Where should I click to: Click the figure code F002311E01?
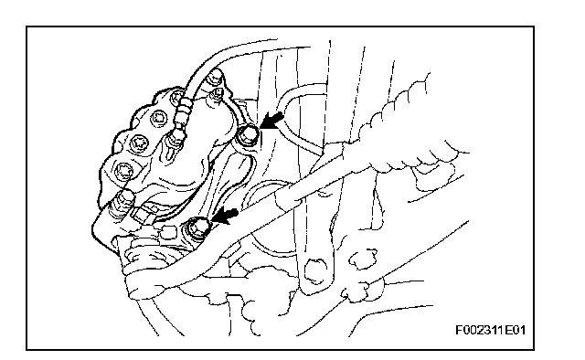pos(490,330)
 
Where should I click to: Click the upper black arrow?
pos(272,120)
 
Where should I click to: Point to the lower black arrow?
pos(226,216)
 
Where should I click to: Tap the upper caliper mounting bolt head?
pos(249,134)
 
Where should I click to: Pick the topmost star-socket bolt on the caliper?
pos(175,98)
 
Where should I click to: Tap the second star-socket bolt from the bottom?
pos(139,142)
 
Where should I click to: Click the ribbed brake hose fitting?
pos(182,112)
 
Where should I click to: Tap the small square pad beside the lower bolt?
pos(168,232)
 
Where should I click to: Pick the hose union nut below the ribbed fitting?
pos(173,137)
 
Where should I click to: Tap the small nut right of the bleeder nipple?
pos(217,93)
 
